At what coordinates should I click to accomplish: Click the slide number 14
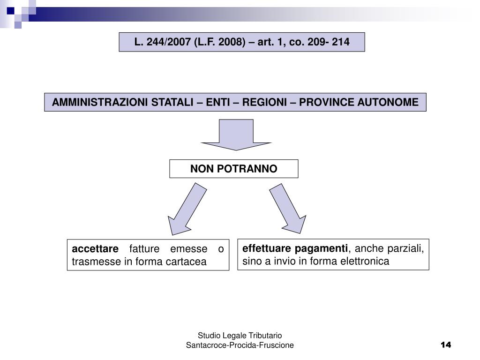(x=446, y=345)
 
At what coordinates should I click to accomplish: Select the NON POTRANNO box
(x=233, y=169)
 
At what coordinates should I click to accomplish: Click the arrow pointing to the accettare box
(x=186, y=209)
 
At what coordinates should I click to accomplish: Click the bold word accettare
(x=96, y=249)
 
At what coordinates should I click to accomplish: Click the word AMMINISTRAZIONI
(x=99, y=102)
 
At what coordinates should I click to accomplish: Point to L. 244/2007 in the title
(x=161, y=42)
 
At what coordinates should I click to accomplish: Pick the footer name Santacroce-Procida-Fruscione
(x=240, y=345)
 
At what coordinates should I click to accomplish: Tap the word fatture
(x=144, y=249)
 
